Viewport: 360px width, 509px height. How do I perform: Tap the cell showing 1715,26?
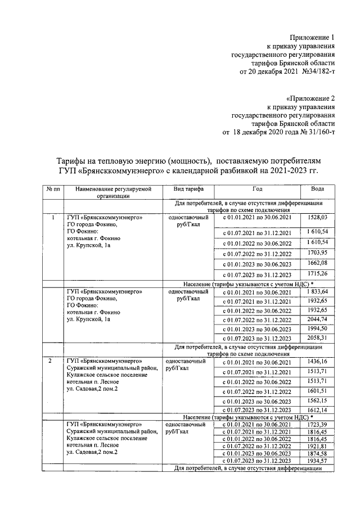[x=317, y=274]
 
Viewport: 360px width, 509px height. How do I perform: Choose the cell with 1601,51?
[x=317, y=390]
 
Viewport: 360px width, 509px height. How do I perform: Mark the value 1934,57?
[x=317, y=461]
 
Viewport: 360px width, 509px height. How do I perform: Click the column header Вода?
[x=317, y=189]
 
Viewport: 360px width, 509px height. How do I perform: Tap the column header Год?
[x=257, y=189]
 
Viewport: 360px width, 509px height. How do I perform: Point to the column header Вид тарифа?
[x=188, y=189]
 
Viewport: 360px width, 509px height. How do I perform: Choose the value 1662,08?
[x=317, y=263]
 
